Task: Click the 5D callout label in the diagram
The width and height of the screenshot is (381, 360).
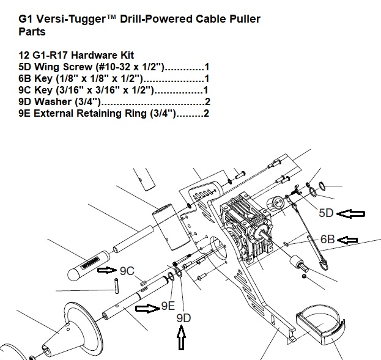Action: coord(327,213)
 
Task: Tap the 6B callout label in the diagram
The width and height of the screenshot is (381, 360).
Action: coord(328,240)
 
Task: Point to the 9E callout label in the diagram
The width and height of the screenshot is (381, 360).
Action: coord(169,306)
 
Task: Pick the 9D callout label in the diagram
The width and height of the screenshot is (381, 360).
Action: coord(183,318)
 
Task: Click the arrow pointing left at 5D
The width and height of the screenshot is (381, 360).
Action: coord(352,213)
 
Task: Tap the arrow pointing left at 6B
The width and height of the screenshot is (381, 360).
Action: coord(349,240)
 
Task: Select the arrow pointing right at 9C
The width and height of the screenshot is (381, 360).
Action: coord(108,269)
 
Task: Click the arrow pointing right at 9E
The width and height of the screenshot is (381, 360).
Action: coord(147,308)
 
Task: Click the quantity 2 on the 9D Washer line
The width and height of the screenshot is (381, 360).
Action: coord(207,101)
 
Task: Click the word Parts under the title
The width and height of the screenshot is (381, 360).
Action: coord(32,31)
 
